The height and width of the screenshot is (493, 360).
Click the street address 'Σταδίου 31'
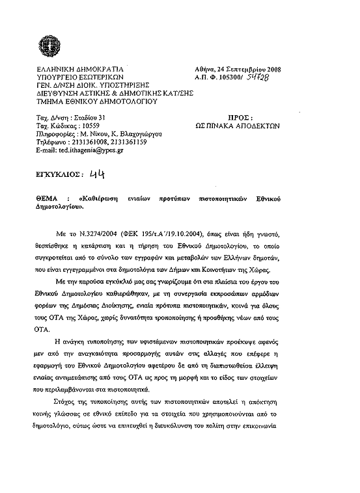87,118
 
